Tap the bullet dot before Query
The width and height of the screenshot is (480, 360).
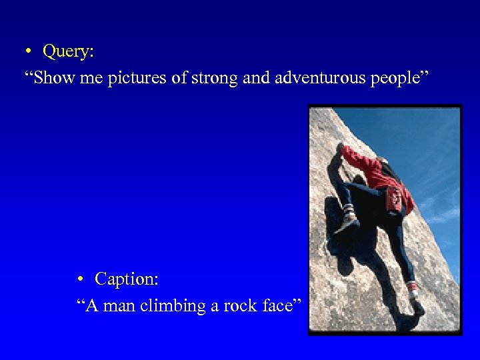coord(30,52)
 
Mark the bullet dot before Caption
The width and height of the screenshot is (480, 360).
coord(80,279)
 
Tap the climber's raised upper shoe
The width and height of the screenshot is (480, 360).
coord(346,219)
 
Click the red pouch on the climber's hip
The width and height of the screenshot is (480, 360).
coord(397,198)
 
